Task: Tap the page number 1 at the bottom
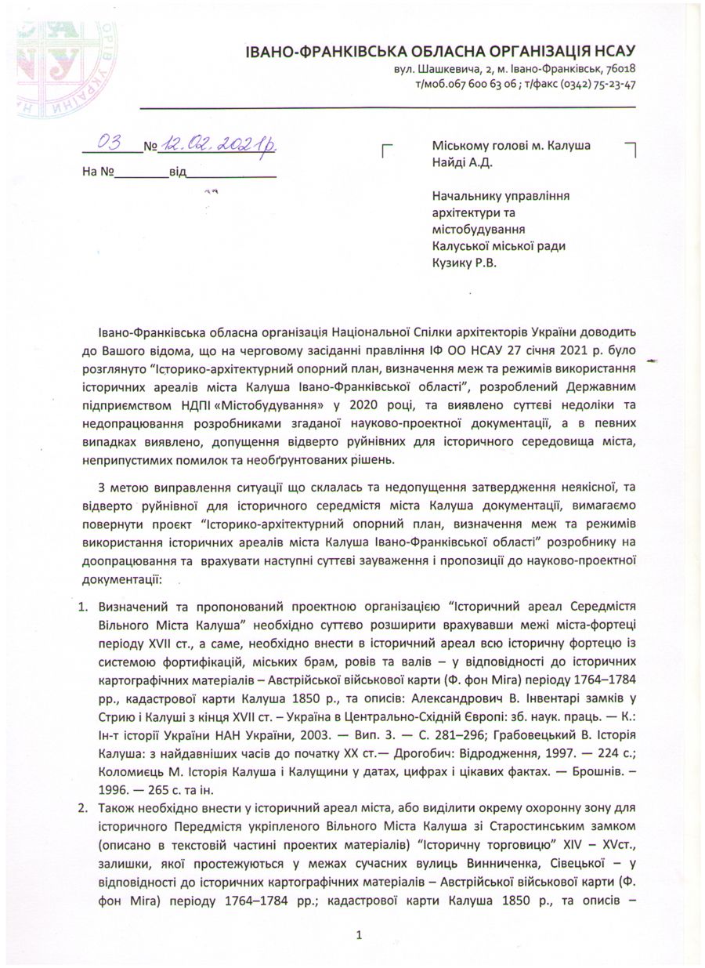click(358, 934)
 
